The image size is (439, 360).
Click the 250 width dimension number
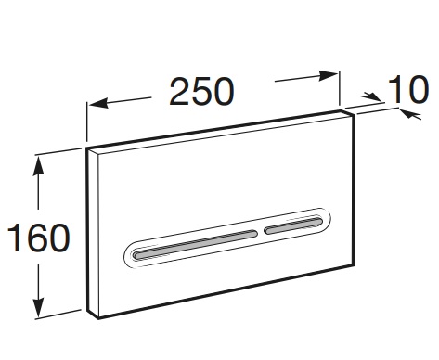click(201, 92)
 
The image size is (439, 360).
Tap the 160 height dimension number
click(39, 238)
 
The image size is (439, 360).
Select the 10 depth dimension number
click(408, 89)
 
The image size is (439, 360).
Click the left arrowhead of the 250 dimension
click(98, 103)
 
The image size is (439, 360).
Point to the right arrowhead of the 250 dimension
click(328, 76)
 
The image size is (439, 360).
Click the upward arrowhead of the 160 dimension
click(38, 165)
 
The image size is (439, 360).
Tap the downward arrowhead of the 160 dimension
click(39, 307)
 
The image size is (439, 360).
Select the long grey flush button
click(195, 244)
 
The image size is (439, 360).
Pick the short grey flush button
click(293, 225)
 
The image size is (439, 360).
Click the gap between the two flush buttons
click(261, 232)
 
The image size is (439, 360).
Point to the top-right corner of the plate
click(355, 114)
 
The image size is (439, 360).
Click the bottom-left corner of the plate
click(98, 318)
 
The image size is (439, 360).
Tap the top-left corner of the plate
click(86, 148)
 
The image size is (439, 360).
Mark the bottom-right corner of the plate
click(354, 265)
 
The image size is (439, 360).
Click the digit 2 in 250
click(180, 92)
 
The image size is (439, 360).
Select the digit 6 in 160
click(39, 238)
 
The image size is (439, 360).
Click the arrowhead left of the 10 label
click(372, 96)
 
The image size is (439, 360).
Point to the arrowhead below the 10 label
click(410, 114)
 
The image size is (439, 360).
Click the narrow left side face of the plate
click(93, 233)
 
